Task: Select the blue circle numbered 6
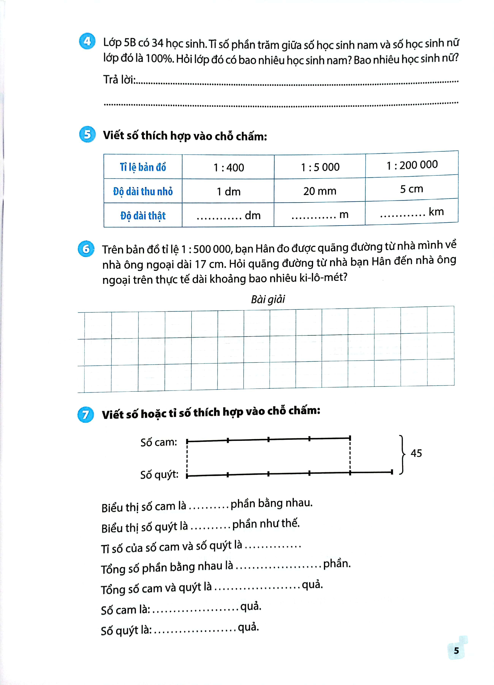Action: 86,249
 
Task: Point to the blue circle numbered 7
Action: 85,414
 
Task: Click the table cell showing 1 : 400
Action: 229,167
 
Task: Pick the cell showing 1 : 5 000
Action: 320,167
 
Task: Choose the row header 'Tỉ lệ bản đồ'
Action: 143,167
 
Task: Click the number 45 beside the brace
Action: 416,453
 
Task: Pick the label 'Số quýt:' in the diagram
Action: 159,474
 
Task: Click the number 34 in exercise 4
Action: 157,43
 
